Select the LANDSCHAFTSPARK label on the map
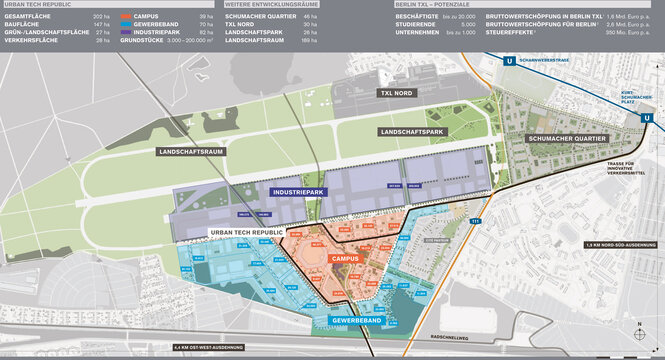click(409, 132)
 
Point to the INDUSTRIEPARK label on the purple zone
click(299, 191)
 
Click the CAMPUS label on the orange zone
click(344, 258)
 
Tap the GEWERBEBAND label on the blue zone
click(358, 321)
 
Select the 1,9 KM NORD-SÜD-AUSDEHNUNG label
click(622, 245)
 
